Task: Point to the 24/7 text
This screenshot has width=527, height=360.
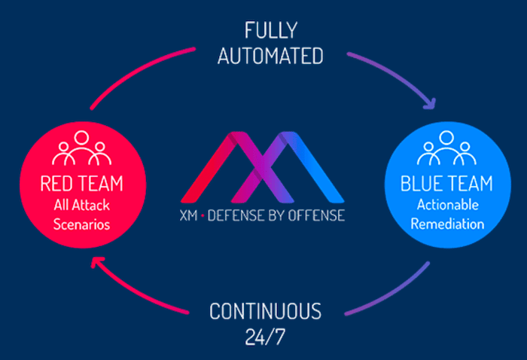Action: [x=264, y=336]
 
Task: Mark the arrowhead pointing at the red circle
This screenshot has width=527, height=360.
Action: [x=94, y=261]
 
